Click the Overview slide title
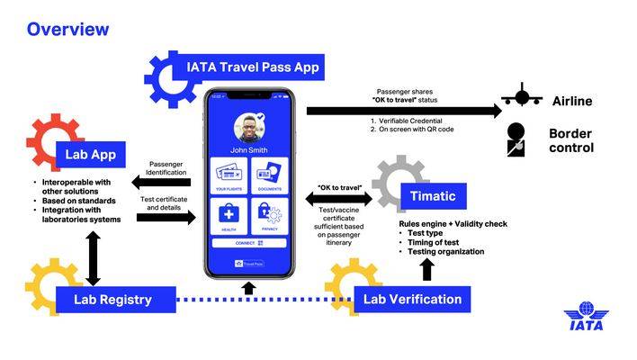67,29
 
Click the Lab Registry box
112,300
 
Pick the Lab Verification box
412,300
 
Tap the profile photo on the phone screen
248,128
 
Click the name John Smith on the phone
248,150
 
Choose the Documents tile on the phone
269,175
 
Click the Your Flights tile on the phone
229,175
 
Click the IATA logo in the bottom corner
586,319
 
